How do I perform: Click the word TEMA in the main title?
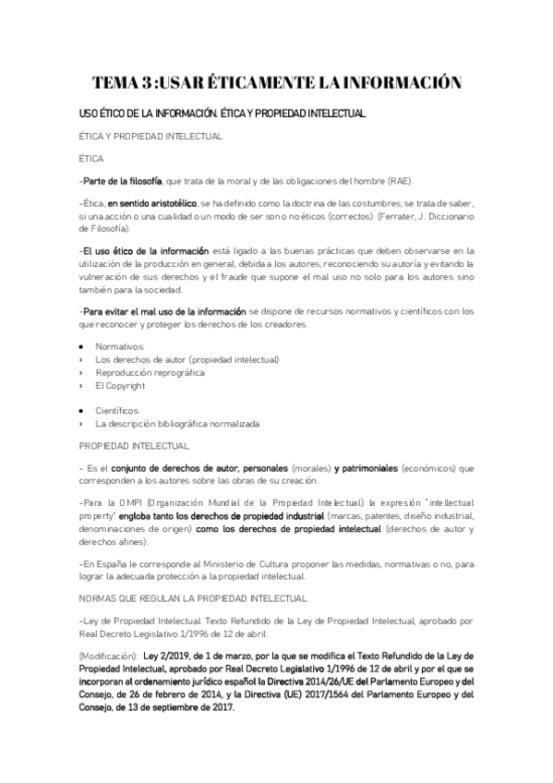click(122, 83)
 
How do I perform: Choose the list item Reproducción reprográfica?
click(150, 372)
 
